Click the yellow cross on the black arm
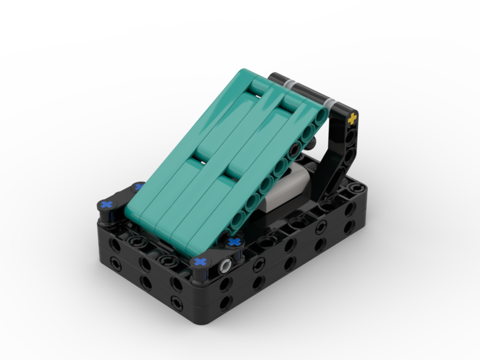(353, 119)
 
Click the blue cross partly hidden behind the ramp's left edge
(139, 187)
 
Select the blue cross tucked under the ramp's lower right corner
(234, 241)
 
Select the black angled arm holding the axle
(342, 154)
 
